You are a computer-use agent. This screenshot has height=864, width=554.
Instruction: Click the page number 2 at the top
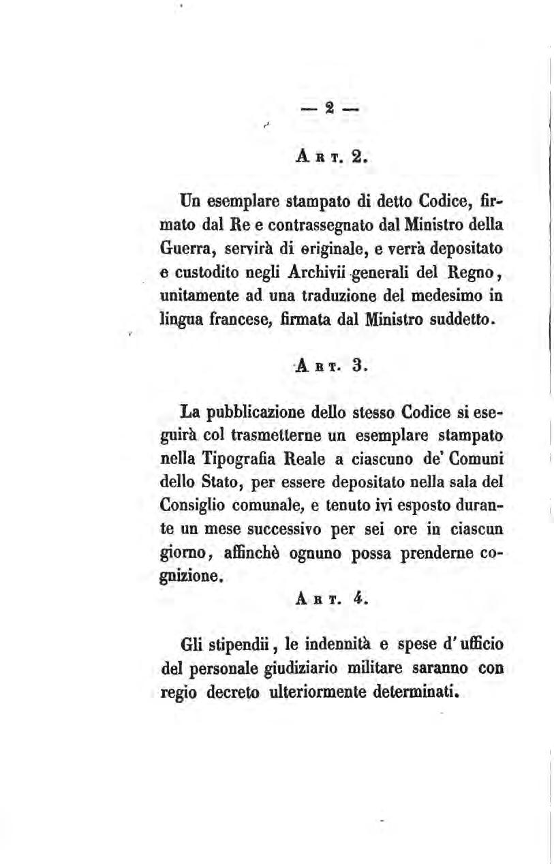click(329, 109)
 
